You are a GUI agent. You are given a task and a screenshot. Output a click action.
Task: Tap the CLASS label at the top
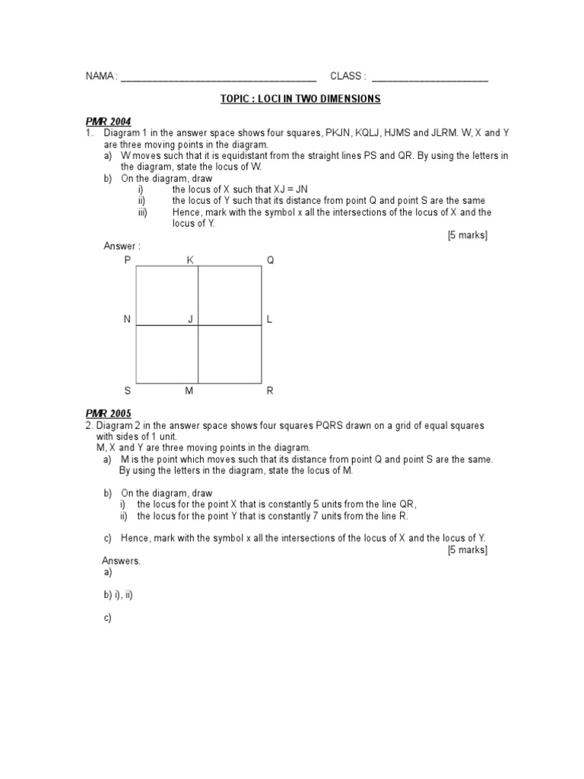pos(348,77)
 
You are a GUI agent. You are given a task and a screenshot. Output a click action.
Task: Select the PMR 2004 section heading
pos(108,121)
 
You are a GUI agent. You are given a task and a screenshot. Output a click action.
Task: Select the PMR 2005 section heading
pos(108,414)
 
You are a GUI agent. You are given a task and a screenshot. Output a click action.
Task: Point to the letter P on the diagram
pos(128,260)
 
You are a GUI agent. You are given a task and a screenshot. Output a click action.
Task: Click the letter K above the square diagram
pos(190,260)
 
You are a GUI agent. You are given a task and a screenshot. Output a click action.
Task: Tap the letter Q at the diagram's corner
pos(269,260)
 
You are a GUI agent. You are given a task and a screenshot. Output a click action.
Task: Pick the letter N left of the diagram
pos(128,320)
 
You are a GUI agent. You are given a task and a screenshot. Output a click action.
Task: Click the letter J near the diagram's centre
pos(191,320)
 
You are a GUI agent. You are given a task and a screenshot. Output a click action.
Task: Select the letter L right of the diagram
pos(269,320)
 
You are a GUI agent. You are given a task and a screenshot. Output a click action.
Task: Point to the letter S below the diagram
pos(128,391)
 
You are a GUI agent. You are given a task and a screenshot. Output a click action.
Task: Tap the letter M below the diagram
pos(190,391)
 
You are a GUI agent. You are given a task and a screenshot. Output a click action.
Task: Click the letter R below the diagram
pos(269,391)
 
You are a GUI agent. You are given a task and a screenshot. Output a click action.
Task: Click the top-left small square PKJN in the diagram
pos(167,296)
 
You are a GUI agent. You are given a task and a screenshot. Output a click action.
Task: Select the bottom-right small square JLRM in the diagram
pos(230,355)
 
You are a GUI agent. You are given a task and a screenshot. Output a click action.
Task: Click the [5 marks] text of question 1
pos(467,235)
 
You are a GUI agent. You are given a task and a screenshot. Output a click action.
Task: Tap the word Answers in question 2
pos(121,561)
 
